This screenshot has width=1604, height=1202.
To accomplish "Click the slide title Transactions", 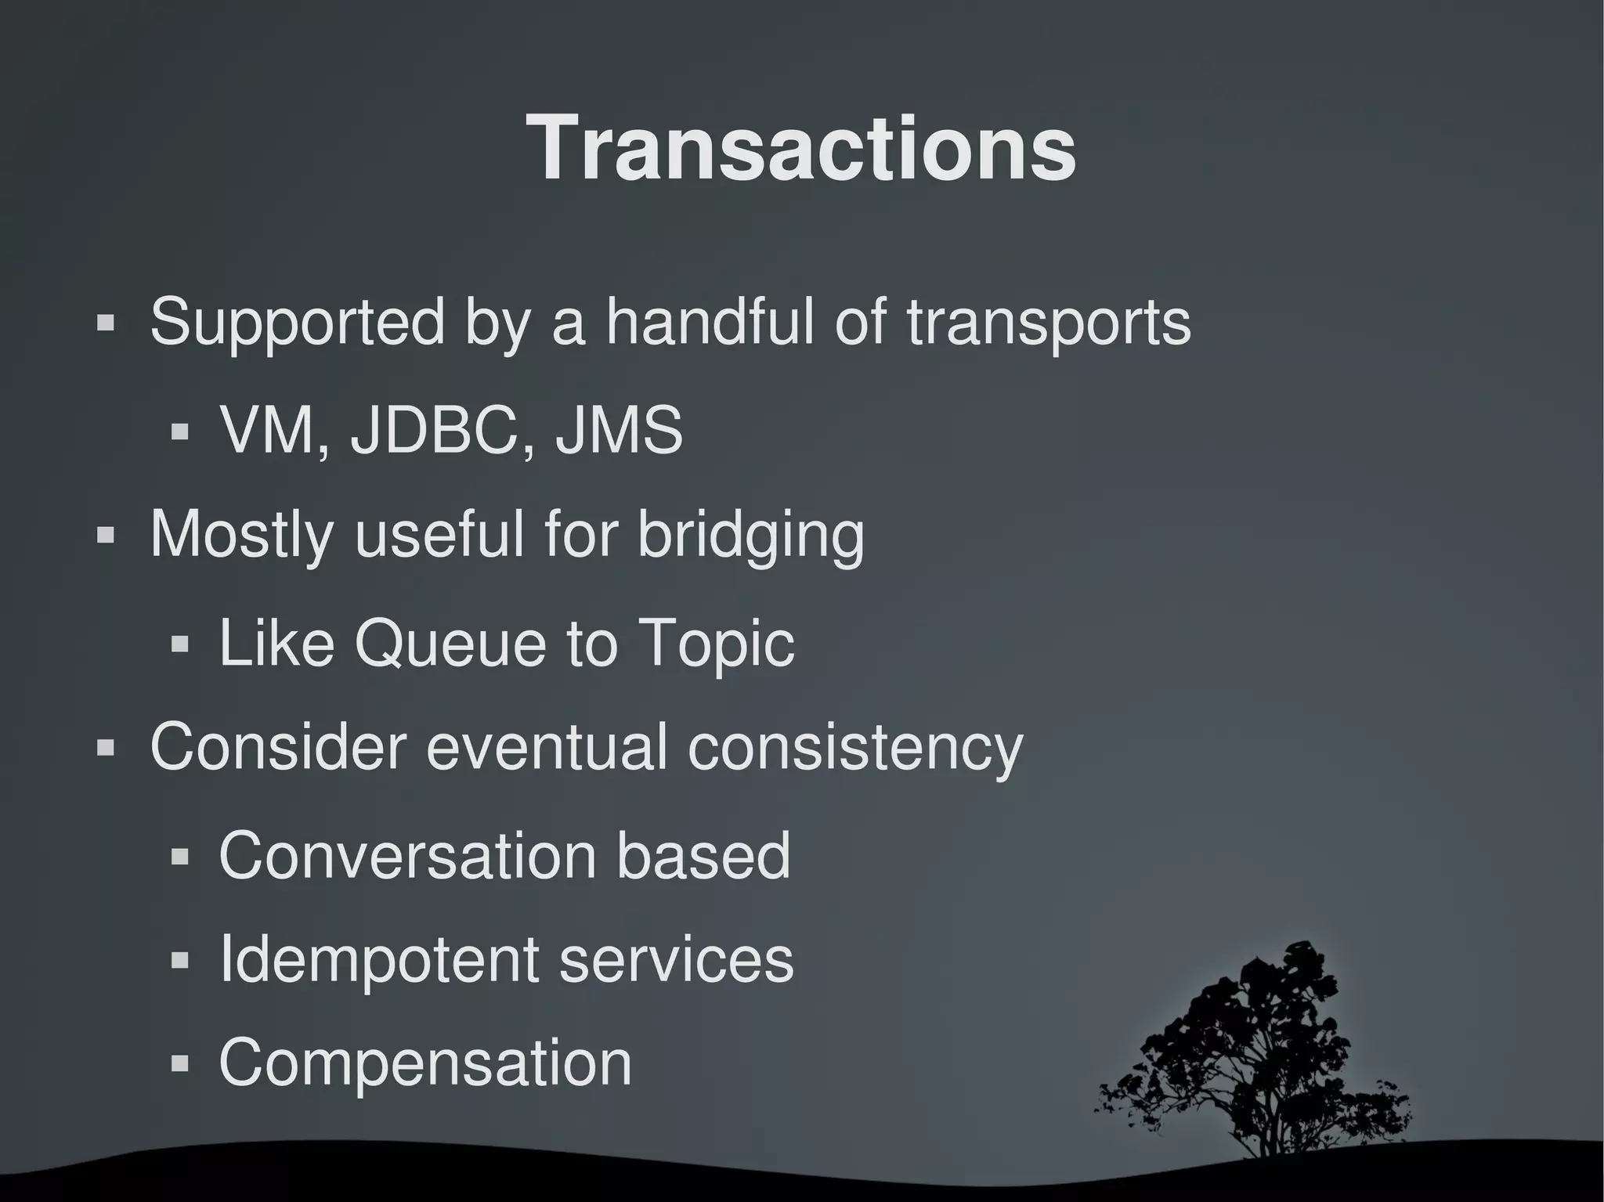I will coord(801,148).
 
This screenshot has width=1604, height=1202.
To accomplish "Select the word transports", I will coord(1049,322).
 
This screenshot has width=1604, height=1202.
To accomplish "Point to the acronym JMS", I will coord(619,430).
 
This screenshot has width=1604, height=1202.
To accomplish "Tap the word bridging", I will coord(750,536).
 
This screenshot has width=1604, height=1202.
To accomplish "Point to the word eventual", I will coord(547,747).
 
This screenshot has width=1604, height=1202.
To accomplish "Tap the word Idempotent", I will coord(379,961).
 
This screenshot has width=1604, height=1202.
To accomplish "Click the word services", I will coord(676,959).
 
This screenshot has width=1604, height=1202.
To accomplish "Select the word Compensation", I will coord(425,1063).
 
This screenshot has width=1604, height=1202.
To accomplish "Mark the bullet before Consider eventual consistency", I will coord(106,749).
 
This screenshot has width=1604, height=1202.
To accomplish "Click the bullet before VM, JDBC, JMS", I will coord(180,431).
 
